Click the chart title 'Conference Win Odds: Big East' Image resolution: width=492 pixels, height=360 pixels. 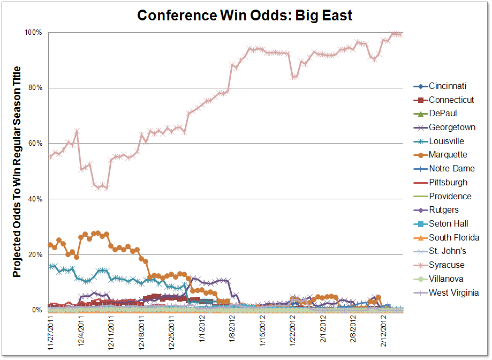pyautogui.click(x=245, y=15)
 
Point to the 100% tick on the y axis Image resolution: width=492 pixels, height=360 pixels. pyautogui.click(x=33, y=33)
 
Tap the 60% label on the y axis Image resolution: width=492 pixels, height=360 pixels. pyautogui.click(x=35, y=144)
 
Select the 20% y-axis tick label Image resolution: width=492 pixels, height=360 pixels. pyautogui.click(x=35, y=255)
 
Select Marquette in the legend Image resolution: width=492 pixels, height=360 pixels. pyautogui.click(x=448, y=154)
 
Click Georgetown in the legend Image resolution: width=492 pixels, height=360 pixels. pyautogui.click(x=452, y=127)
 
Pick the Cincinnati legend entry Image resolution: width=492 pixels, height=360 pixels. pyautogui.click(x=448, y=86)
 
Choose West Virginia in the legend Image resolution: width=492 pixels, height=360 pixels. pyautogui.click(x=453, y=292)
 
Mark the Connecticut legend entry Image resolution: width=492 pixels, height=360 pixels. pyautogui.click(x=451, y=100)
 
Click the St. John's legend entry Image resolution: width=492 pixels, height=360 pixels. pyautogui.click(x=447, y=251)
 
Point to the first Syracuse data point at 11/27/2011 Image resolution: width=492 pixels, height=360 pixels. pyautogui.click(x=50, y=156)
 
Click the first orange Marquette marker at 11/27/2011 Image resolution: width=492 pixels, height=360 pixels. pyautogui.click(x=50, y=245)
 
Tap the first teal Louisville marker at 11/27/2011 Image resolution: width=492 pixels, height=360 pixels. pyautogui.click(x=50, y=266)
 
